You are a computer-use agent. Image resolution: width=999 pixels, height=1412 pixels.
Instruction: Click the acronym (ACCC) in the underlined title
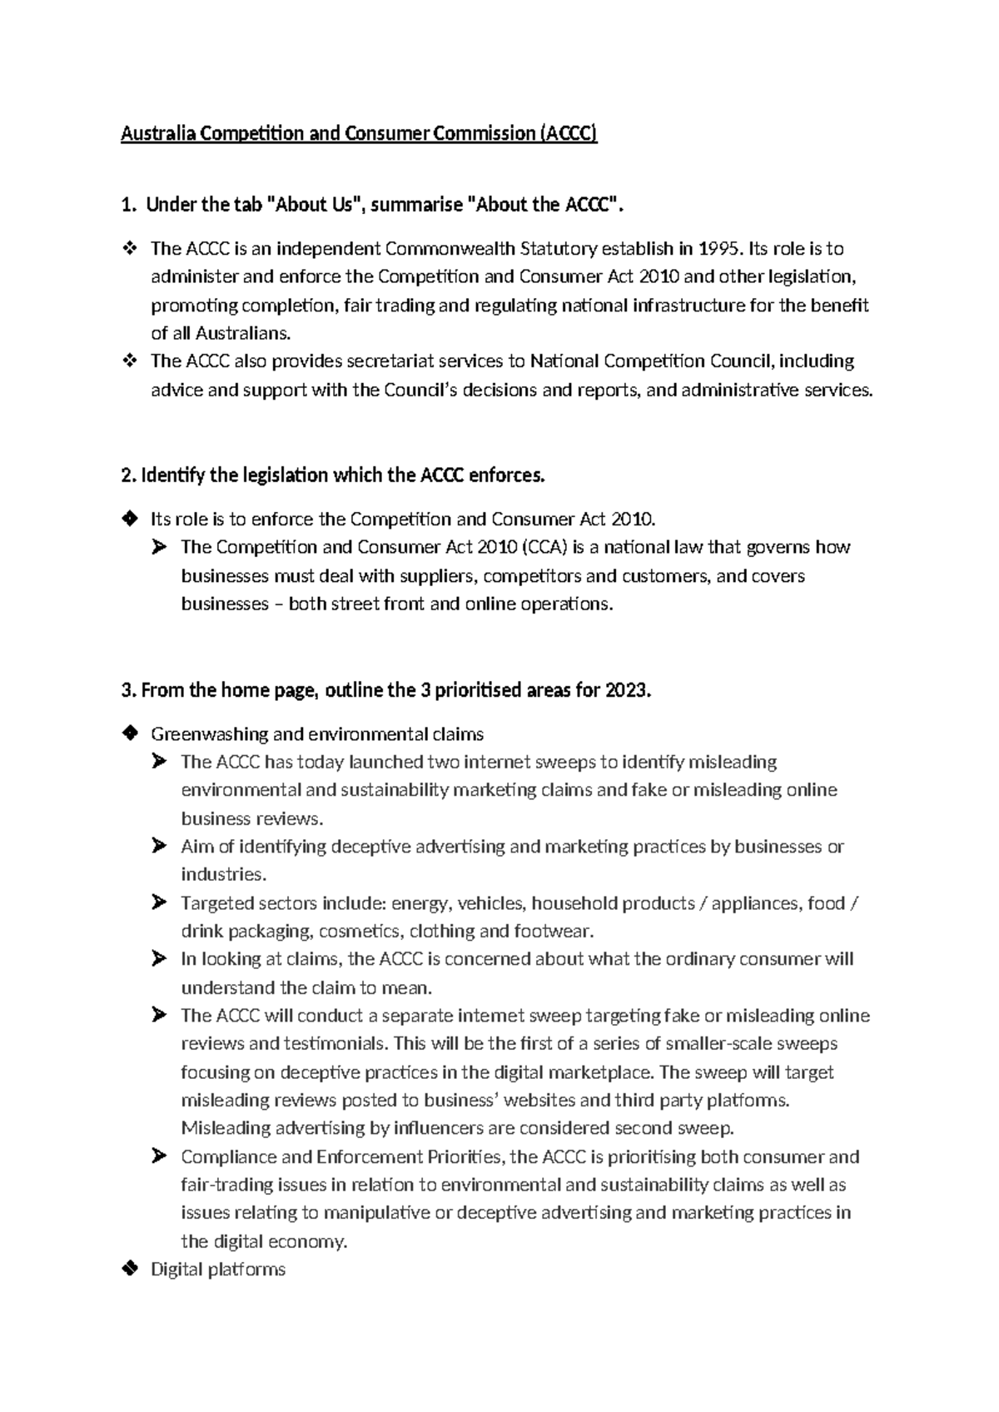pos(568,133)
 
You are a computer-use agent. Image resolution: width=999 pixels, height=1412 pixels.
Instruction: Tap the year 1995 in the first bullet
pos(720,248)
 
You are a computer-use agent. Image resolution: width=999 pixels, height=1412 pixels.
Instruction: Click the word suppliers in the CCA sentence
pos(437,575)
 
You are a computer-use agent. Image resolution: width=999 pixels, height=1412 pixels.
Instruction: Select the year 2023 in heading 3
pos(625,690)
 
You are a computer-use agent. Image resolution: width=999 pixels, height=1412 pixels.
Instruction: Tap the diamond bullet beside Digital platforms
pos(129,1269)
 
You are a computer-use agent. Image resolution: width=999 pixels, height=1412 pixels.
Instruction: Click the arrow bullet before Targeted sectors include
pos(160,902)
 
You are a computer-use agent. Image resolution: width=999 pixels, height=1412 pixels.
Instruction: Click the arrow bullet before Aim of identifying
pos(160,846)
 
